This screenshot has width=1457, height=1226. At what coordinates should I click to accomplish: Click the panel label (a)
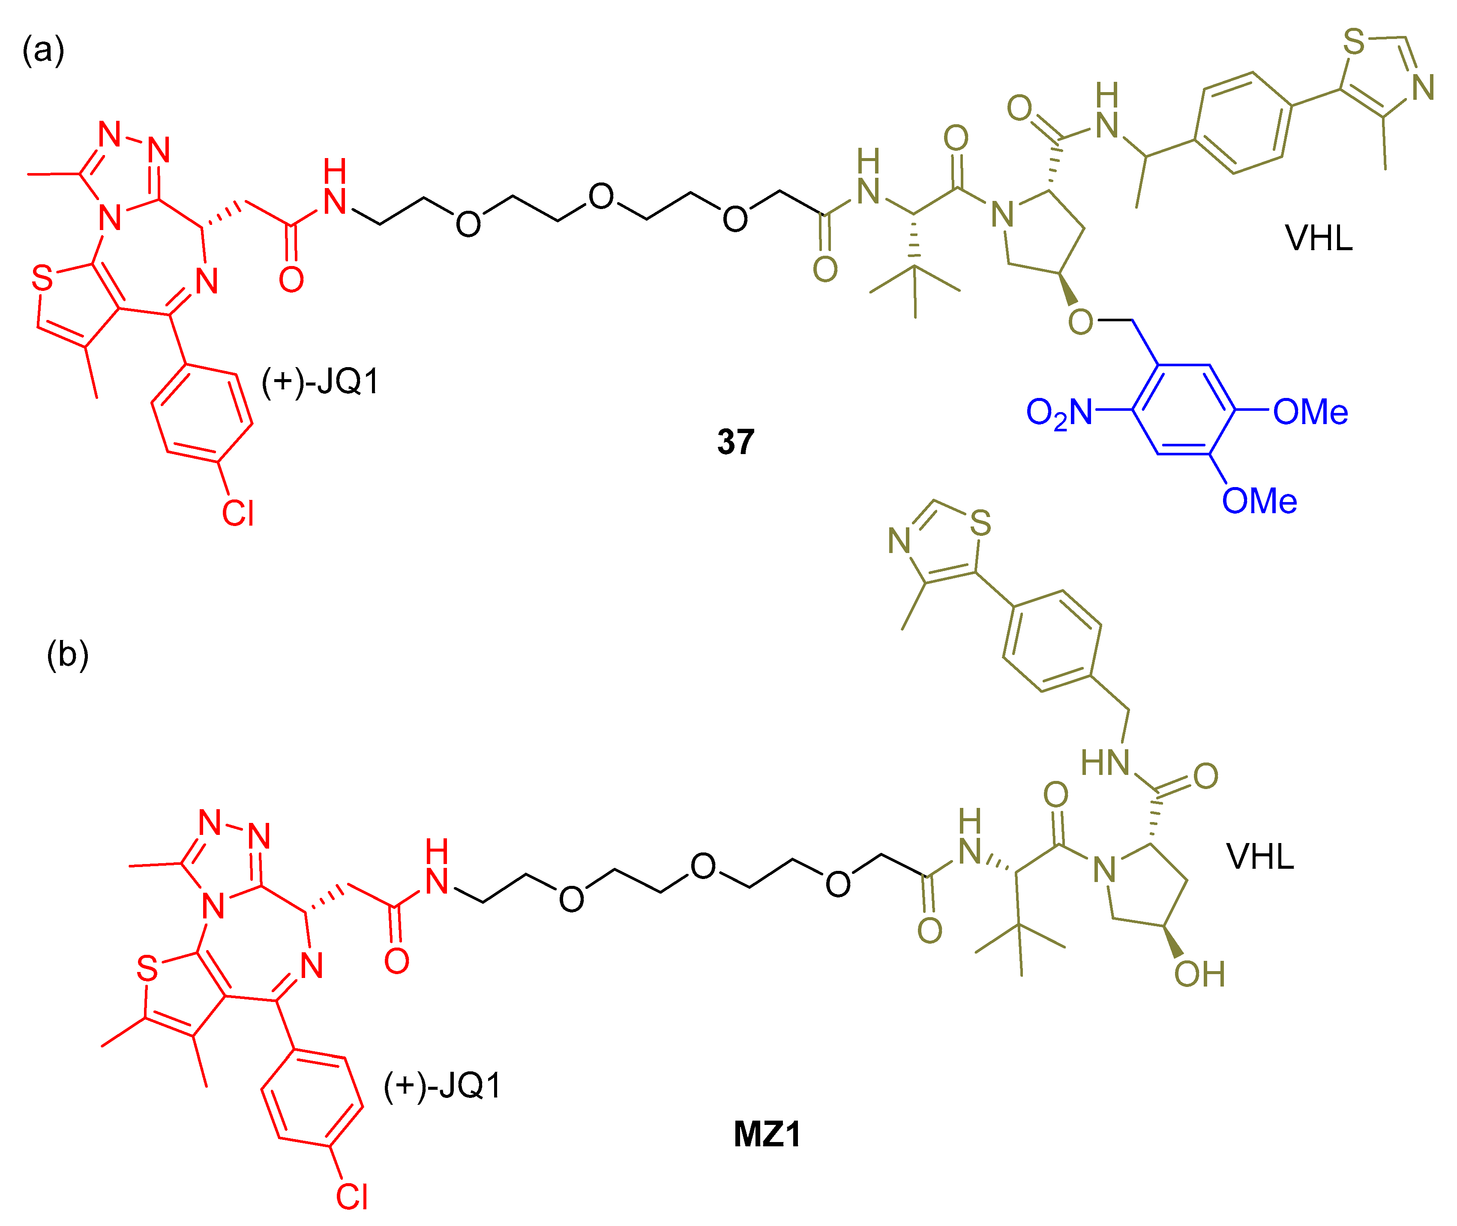click(x=43, y=51)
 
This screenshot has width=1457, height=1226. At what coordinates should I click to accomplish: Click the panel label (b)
click(x=67, y=655)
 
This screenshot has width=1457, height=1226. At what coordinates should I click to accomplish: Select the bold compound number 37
click(x=735, y=442)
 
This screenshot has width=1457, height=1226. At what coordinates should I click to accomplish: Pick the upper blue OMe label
click(x=1310, y=412)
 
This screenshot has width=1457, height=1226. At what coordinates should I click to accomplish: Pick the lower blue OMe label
click(x=1259, y=501)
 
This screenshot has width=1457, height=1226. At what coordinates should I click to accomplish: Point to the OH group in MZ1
click(x=1199, y=975)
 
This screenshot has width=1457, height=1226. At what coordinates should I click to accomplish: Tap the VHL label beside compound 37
click(x=1319, y=238)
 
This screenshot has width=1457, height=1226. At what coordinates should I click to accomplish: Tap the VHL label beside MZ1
click(x=1259, y=856)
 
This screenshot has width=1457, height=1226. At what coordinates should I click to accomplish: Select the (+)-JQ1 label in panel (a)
click(x=321, y=382)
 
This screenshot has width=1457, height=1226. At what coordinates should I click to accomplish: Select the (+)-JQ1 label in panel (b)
click(x=443, y=1085)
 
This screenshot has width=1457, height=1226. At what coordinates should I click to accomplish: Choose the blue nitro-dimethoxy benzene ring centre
click(x=1184, y=410)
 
